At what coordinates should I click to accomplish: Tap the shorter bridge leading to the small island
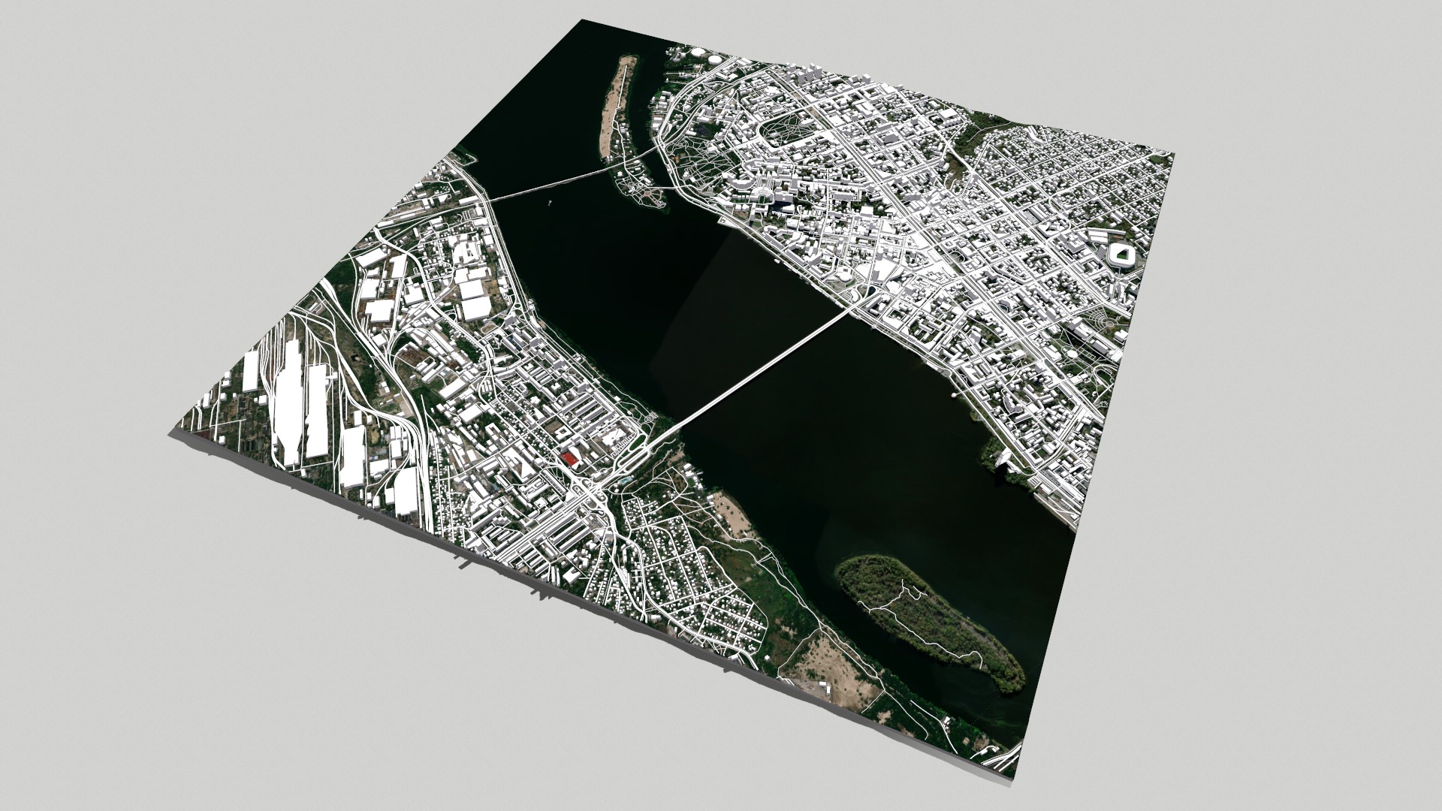point(556,182)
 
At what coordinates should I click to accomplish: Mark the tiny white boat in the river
point(550,201)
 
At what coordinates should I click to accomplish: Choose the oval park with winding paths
point(789,128)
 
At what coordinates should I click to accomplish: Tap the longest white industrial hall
point(286,409)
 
